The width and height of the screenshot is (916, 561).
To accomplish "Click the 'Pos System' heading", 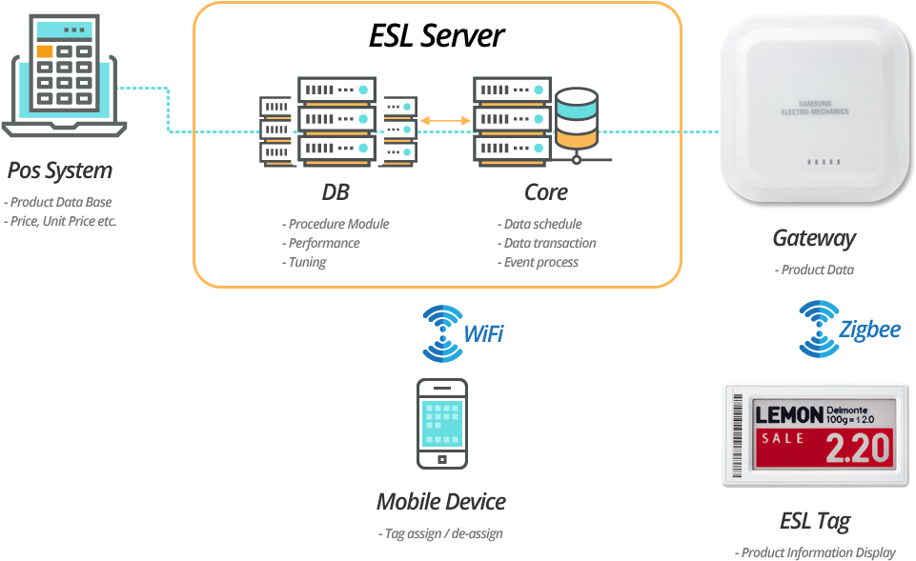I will (x=60, y=170).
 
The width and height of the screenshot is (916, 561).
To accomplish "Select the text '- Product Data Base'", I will (x=58, y=202).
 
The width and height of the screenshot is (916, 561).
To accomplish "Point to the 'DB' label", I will (x=335, y=191).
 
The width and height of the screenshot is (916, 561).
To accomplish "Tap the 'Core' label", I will (x=545, y=191).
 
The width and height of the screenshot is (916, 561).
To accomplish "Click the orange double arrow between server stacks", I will (x=445, y=120).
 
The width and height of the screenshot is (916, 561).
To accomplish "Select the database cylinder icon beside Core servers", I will (x=577, y=119).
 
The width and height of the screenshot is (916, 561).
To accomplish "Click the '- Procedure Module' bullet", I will (x=336, y=224).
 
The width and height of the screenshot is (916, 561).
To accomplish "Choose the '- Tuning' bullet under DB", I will (x=304, y=262).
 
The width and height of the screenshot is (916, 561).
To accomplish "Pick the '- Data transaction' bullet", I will (x=547, y=243).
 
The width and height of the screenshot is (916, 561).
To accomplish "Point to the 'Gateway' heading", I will (x=814, y=237).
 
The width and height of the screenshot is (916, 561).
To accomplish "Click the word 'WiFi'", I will (x=483, y=333).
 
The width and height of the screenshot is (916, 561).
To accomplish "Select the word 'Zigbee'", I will (x=869, y=330).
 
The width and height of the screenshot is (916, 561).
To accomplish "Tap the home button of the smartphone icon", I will (x=442, y=458).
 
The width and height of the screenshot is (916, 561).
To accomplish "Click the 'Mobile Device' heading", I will (x=440, y=501).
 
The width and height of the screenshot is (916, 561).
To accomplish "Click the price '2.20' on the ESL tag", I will (x=857, y=447).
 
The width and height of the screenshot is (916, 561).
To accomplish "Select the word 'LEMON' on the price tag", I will (x=788, y=414).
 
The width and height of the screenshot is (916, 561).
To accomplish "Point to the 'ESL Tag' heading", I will (x=814, y=521).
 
